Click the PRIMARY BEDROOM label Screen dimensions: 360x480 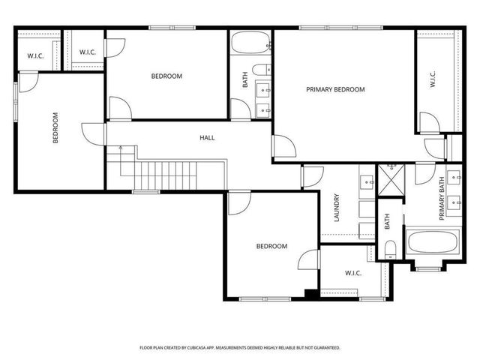335,89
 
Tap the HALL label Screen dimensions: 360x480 207,137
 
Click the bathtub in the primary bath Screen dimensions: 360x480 429,242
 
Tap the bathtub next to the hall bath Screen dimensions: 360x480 250,43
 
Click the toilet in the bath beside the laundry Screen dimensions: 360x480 389,250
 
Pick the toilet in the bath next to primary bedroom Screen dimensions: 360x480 259,70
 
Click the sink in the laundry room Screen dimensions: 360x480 367,182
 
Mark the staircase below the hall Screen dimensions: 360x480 165,174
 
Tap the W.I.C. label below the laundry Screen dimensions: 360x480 352,273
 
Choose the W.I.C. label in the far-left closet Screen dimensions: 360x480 34,56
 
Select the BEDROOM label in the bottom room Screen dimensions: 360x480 271,246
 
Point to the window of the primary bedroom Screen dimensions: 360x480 319,28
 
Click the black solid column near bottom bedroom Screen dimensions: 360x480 309,294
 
